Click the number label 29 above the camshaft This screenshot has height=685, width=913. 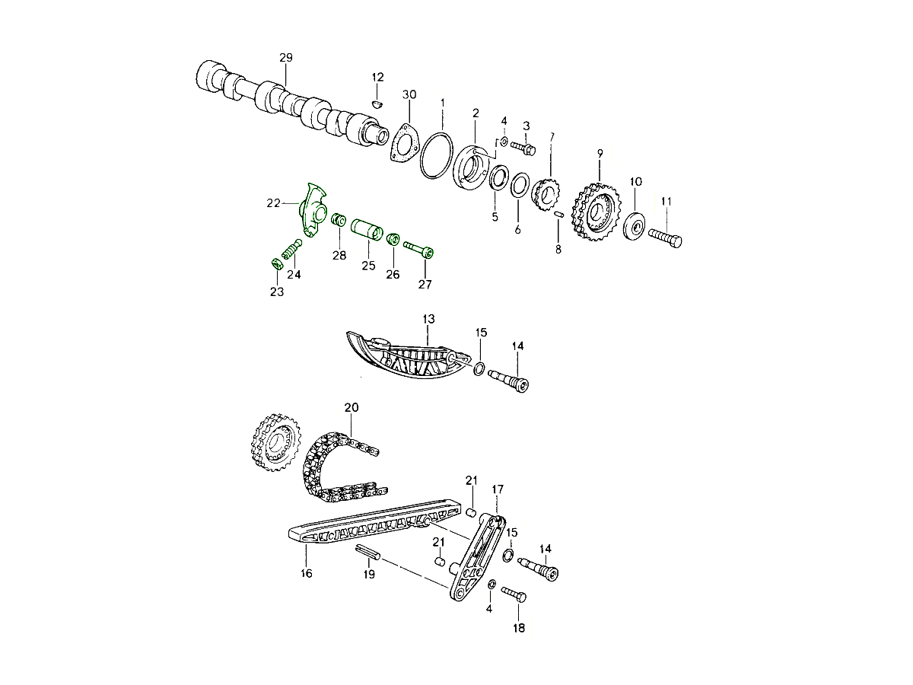(285, 58)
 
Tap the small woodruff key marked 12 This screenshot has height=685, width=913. (378, 102)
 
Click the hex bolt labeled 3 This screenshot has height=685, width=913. (523, 146)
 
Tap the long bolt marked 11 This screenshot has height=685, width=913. (666, 238)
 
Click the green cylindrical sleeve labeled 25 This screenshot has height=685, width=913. (367, 229)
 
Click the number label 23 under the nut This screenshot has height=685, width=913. (276, 292)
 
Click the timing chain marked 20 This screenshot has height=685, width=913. (335, 468)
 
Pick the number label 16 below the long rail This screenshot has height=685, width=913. (306, 573)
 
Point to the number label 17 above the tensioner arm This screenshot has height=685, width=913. (497, 488)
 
